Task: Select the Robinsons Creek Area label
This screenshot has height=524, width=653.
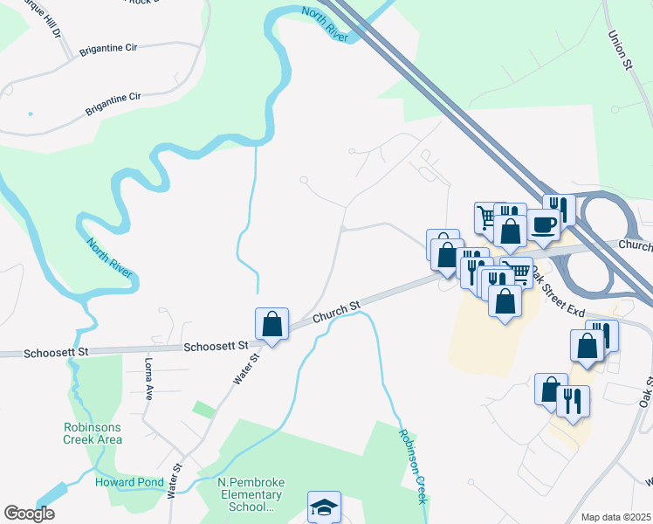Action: (x=93, y=433)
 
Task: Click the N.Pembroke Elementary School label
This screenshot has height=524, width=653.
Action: (x=251, y=494)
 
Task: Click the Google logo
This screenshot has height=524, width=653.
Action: (x=29, y=514)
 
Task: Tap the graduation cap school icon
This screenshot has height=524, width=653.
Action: (x=323, y=506)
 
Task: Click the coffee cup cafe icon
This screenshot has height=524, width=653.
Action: (x=543, y=224)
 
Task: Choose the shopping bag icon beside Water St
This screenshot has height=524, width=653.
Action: (x=272, y=324)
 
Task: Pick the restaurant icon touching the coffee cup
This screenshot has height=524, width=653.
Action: (x=560, y=209)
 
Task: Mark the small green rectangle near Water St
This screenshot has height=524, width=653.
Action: (x=204, y=408)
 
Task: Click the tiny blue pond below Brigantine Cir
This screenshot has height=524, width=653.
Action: (x=31, y=114)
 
